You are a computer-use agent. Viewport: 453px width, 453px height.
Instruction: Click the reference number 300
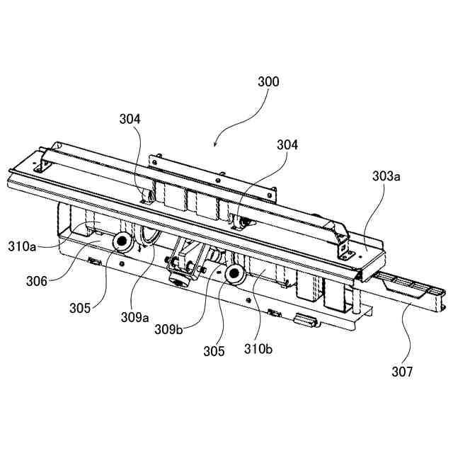pos(268,82)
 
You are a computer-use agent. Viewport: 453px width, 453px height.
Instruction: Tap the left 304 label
pos(130,120)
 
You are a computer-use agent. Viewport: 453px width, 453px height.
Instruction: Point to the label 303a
pos(386,177)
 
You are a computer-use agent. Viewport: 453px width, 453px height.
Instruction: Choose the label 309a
pos(134,316)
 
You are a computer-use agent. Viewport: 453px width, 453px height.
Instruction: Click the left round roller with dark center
pos(121,243)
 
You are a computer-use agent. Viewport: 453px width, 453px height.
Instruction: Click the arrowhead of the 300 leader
pos(215,144)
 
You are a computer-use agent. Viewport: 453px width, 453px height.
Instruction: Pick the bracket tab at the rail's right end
pos(345,248)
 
